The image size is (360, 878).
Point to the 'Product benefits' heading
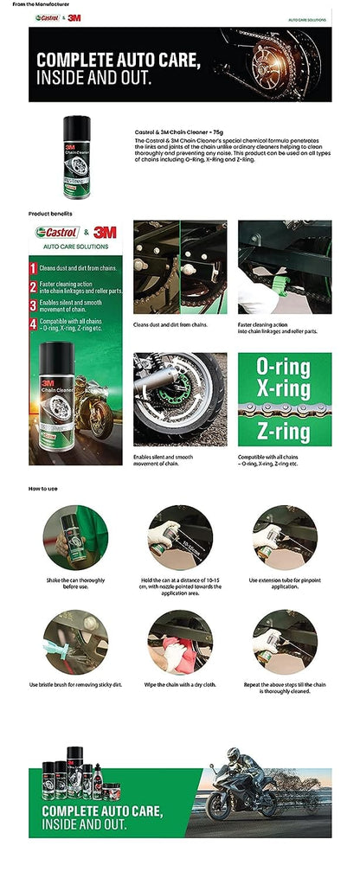tap(50, 213)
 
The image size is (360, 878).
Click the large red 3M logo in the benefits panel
tap(105, 233)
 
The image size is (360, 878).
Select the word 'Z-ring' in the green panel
tap(284, 431)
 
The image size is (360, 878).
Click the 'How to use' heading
tap(43, 489)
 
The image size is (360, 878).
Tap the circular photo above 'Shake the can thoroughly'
tap(75, 537)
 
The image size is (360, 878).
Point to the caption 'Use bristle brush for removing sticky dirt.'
tap(75, 685)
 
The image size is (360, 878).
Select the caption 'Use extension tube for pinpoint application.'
tap(285, 584)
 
